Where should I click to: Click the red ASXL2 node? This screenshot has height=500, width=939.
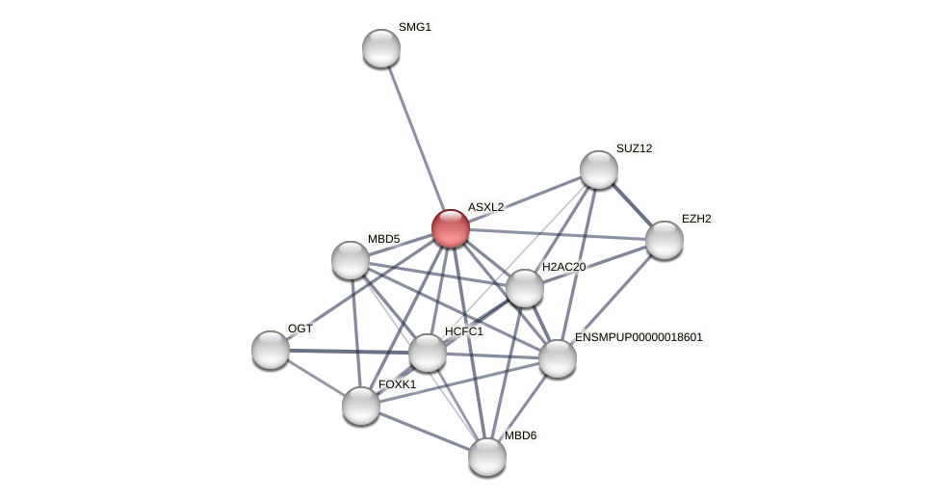[x=450, y=228]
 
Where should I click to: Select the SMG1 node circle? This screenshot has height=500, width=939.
[x=381, y=48]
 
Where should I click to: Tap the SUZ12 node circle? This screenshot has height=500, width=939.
[x=598, y=170]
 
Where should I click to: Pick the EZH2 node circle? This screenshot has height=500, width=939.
[x=664, y=240]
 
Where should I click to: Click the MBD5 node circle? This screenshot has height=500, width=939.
[x=351, y=260]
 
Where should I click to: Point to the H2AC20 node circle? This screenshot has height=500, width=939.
[x=524, y=288]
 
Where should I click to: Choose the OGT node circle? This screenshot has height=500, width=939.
[x=271, y=349]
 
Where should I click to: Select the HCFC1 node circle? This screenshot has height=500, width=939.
[x=428, y=353]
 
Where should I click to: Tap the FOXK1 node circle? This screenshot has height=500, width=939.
[x=361, y=405]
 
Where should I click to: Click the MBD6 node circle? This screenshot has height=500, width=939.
[x=487, y=456]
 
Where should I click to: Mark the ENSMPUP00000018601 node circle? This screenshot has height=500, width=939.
[x=557, y=358]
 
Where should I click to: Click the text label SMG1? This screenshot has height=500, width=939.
[x=415, y=27]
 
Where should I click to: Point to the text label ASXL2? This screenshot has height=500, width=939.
[x=485, y=207]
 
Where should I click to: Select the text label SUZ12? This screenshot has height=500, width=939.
[x=634, y=148]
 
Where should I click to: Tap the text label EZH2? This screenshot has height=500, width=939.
[x=695, y=219]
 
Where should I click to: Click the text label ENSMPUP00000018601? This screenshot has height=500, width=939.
[x=639, y=337]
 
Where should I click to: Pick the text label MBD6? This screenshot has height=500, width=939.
[x=520, y=435]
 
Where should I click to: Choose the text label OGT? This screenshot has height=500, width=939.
[x=300, y=329]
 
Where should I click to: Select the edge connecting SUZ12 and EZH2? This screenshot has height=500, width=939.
[x=632, y=205]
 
